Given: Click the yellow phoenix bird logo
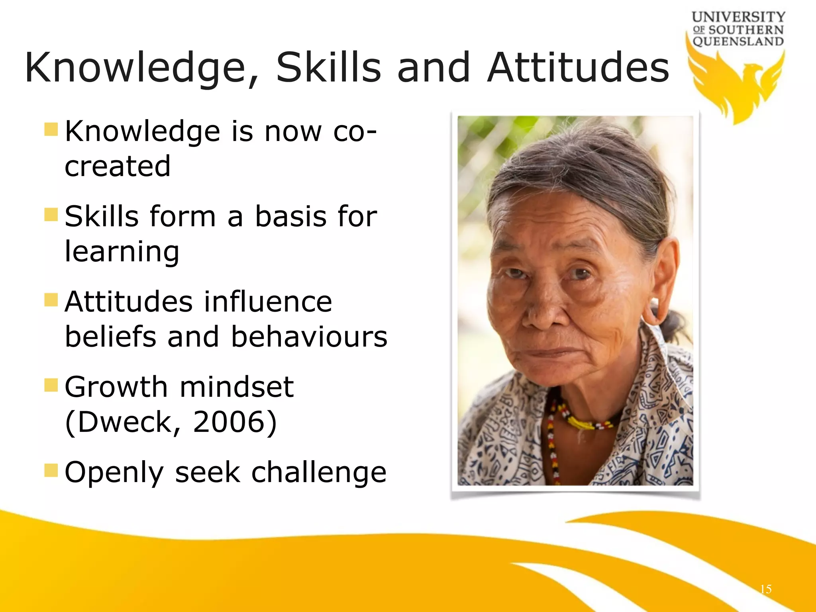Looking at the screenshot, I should point(737,86).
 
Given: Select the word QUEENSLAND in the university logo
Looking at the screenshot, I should point(738,41).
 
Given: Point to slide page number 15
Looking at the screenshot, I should point(765,589).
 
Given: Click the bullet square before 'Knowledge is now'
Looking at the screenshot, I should point(51,129).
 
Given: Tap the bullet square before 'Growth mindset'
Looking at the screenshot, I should point(51,385).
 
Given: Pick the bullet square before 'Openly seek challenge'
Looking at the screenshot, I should point(51,470).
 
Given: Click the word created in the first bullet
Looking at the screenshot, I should point(118,167).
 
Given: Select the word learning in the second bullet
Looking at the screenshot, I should point(122,252).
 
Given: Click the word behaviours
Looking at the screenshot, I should point(309,337).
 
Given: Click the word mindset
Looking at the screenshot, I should point(237,387).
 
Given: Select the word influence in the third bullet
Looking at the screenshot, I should point(268,302).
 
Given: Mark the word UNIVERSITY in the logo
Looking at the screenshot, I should point(738,17).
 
